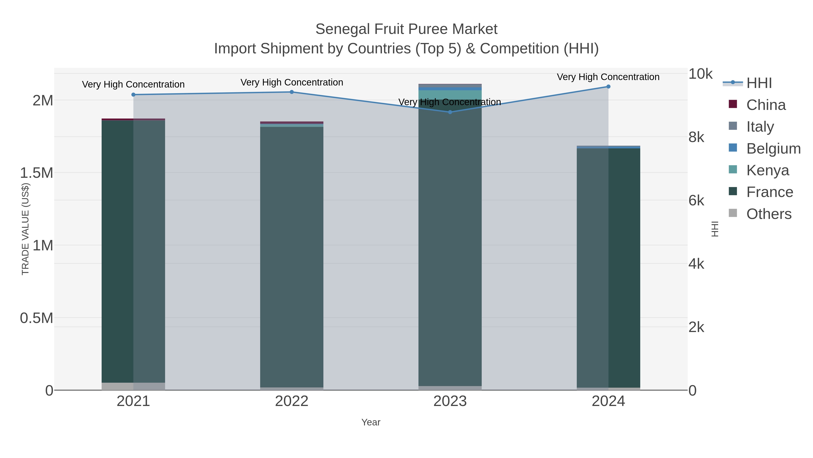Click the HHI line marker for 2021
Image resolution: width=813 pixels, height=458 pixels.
(133, 95)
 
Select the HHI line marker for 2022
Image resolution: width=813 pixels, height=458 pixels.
(292, 92)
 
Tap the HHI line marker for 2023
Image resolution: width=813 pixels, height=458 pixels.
(450, 112)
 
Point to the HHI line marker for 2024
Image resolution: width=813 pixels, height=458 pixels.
(608, 87)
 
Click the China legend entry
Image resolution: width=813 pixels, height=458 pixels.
(766, 105)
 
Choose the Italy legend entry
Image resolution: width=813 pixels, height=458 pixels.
(760, 127)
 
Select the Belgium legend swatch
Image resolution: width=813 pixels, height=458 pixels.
(733, 148)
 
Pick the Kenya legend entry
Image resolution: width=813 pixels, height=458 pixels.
(768, 170)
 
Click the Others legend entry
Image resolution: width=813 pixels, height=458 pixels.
(769, 214)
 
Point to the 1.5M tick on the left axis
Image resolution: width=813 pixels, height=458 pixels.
(36, 173)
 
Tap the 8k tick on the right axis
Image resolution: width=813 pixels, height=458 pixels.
(696, 137)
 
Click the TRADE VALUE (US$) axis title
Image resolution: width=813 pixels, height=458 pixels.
(25, 229)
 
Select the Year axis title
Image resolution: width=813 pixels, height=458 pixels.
(371, 422)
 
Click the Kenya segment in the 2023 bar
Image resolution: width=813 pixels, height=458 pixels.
(450, 95)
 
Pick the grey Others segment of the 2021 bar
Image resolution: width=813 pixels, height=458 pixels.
(133, 386)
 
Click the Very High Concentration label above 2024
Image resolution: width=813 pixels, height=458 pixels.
(608, 77)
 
